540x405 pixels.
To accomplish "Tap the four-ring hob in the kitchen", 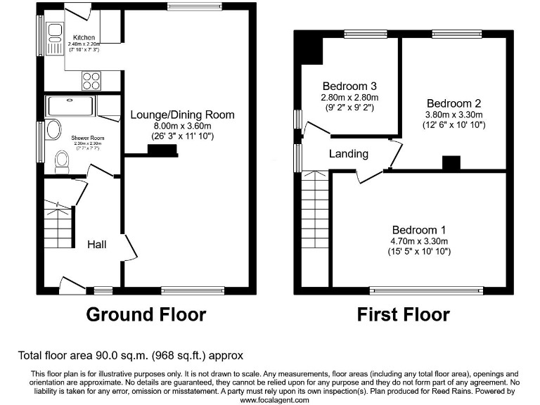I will [91, 81].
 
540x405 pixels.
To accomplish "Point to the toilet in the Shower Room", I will [62, 164].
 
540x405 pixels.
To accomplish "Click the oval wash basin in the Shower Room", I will [53, 131].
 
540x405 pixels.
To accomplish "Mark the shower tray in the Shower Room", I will [69, 106].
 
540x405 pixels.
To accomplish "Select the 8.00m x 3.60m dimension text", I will [182, 125].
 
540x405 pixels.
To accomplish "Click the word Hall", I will [97, 244].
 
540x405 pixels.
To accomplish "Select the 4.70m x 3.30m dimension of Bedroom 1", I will [419, 241].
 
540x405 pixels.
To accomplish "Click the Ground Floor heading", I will [146, 314].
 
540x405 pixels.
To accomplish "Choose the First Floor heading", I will [403, 314].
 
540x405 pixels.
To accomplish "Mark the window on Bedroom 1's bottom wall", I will [427, 289].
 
